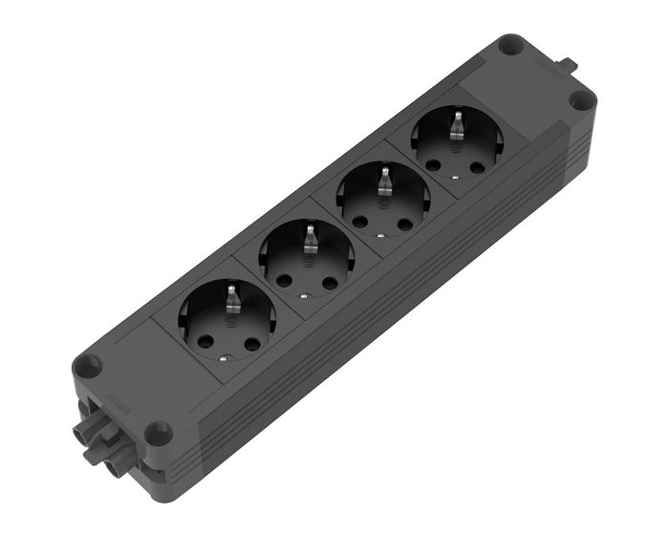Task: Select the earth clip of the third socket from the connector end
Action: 385,179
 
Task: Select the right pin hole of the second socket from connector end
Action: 330,284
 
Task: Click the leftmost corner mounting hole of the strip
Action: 88,364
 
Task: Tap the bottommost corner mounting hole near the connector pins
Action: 160,432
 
